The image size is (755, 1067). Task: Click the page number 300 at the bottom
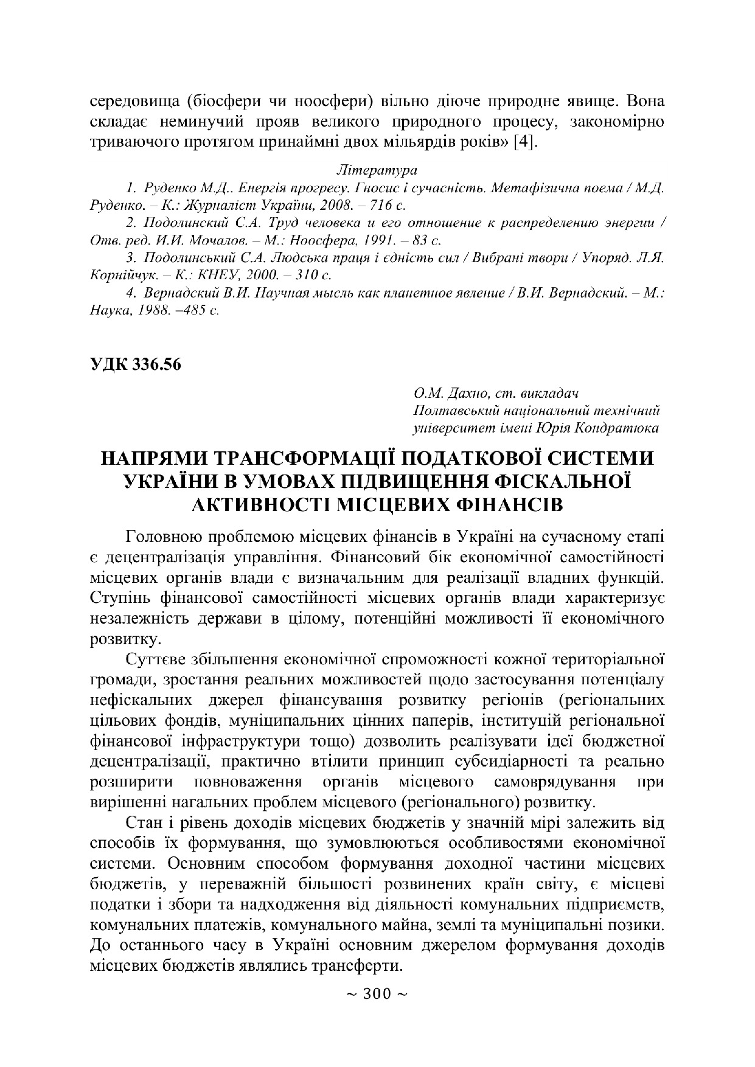pyautogui.click(x=377, y=994)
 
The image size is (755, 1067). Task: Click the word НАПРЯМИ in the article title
pyautogui.click(x=165, y=458)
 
